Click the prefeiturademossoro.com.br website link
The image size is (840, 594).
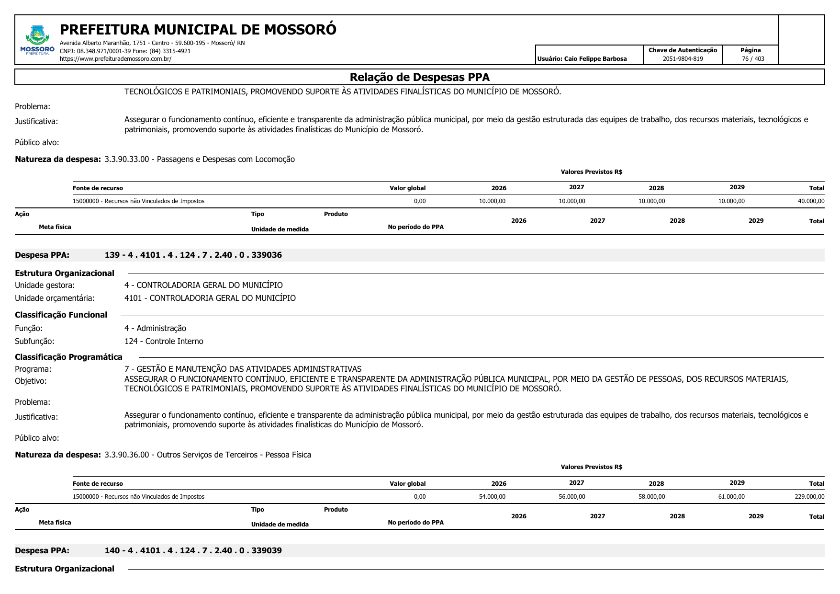pyautogui.click(x=115, y=59)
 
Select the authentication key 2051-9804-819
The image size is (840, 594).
pyautogui.click(x=683, y=59)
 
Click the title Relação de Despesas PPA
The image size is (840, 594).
pyautogui.click(x=419, y=77)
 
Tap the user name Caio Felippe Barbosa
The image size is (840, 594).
pyautogui.click(x=595, y=59)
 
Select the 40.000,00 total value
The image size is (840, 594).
pyautogui.click(x=811, y=201)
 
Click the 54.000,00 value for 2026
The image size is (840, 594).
pyautogui.click(x=492, y=497)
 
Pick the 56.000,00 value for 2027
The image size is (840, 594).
pyautogui.click(x=571, y=497)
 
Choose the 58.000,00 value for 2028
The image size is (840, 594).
pyautogui.click(x=651, y=497)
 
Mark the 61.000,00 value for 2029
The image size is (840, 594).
pyautogui.click(x=731, y=497)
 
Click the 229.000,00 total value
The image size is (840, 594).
pyautogui.click(x=809, y=497)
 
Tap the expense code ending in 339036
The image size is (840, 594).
pyautogui.click(x=193, y=255)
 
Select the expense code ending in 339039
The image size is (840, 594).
pyautogui.click(x=193, y=550)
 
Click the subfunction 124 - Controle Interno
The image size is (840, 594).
pyautogui.click(x=164, y=341)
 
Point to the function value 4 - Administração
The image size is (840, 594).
pyautogui.click(x=155, y=328)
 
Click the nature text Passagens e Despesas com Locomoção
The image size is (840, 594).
pyautogui.click(x=225, y=159)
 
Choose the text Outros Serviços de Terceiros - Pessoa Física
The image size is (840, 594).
pyautogui.click(x=234, y=455)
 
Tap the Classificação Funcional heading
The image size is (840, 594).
pyautogui.click(x=61, y=315)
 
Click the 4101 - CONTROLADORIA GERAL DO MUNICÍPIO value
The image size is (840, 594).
pyautogui.click(x=210, y=298)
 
